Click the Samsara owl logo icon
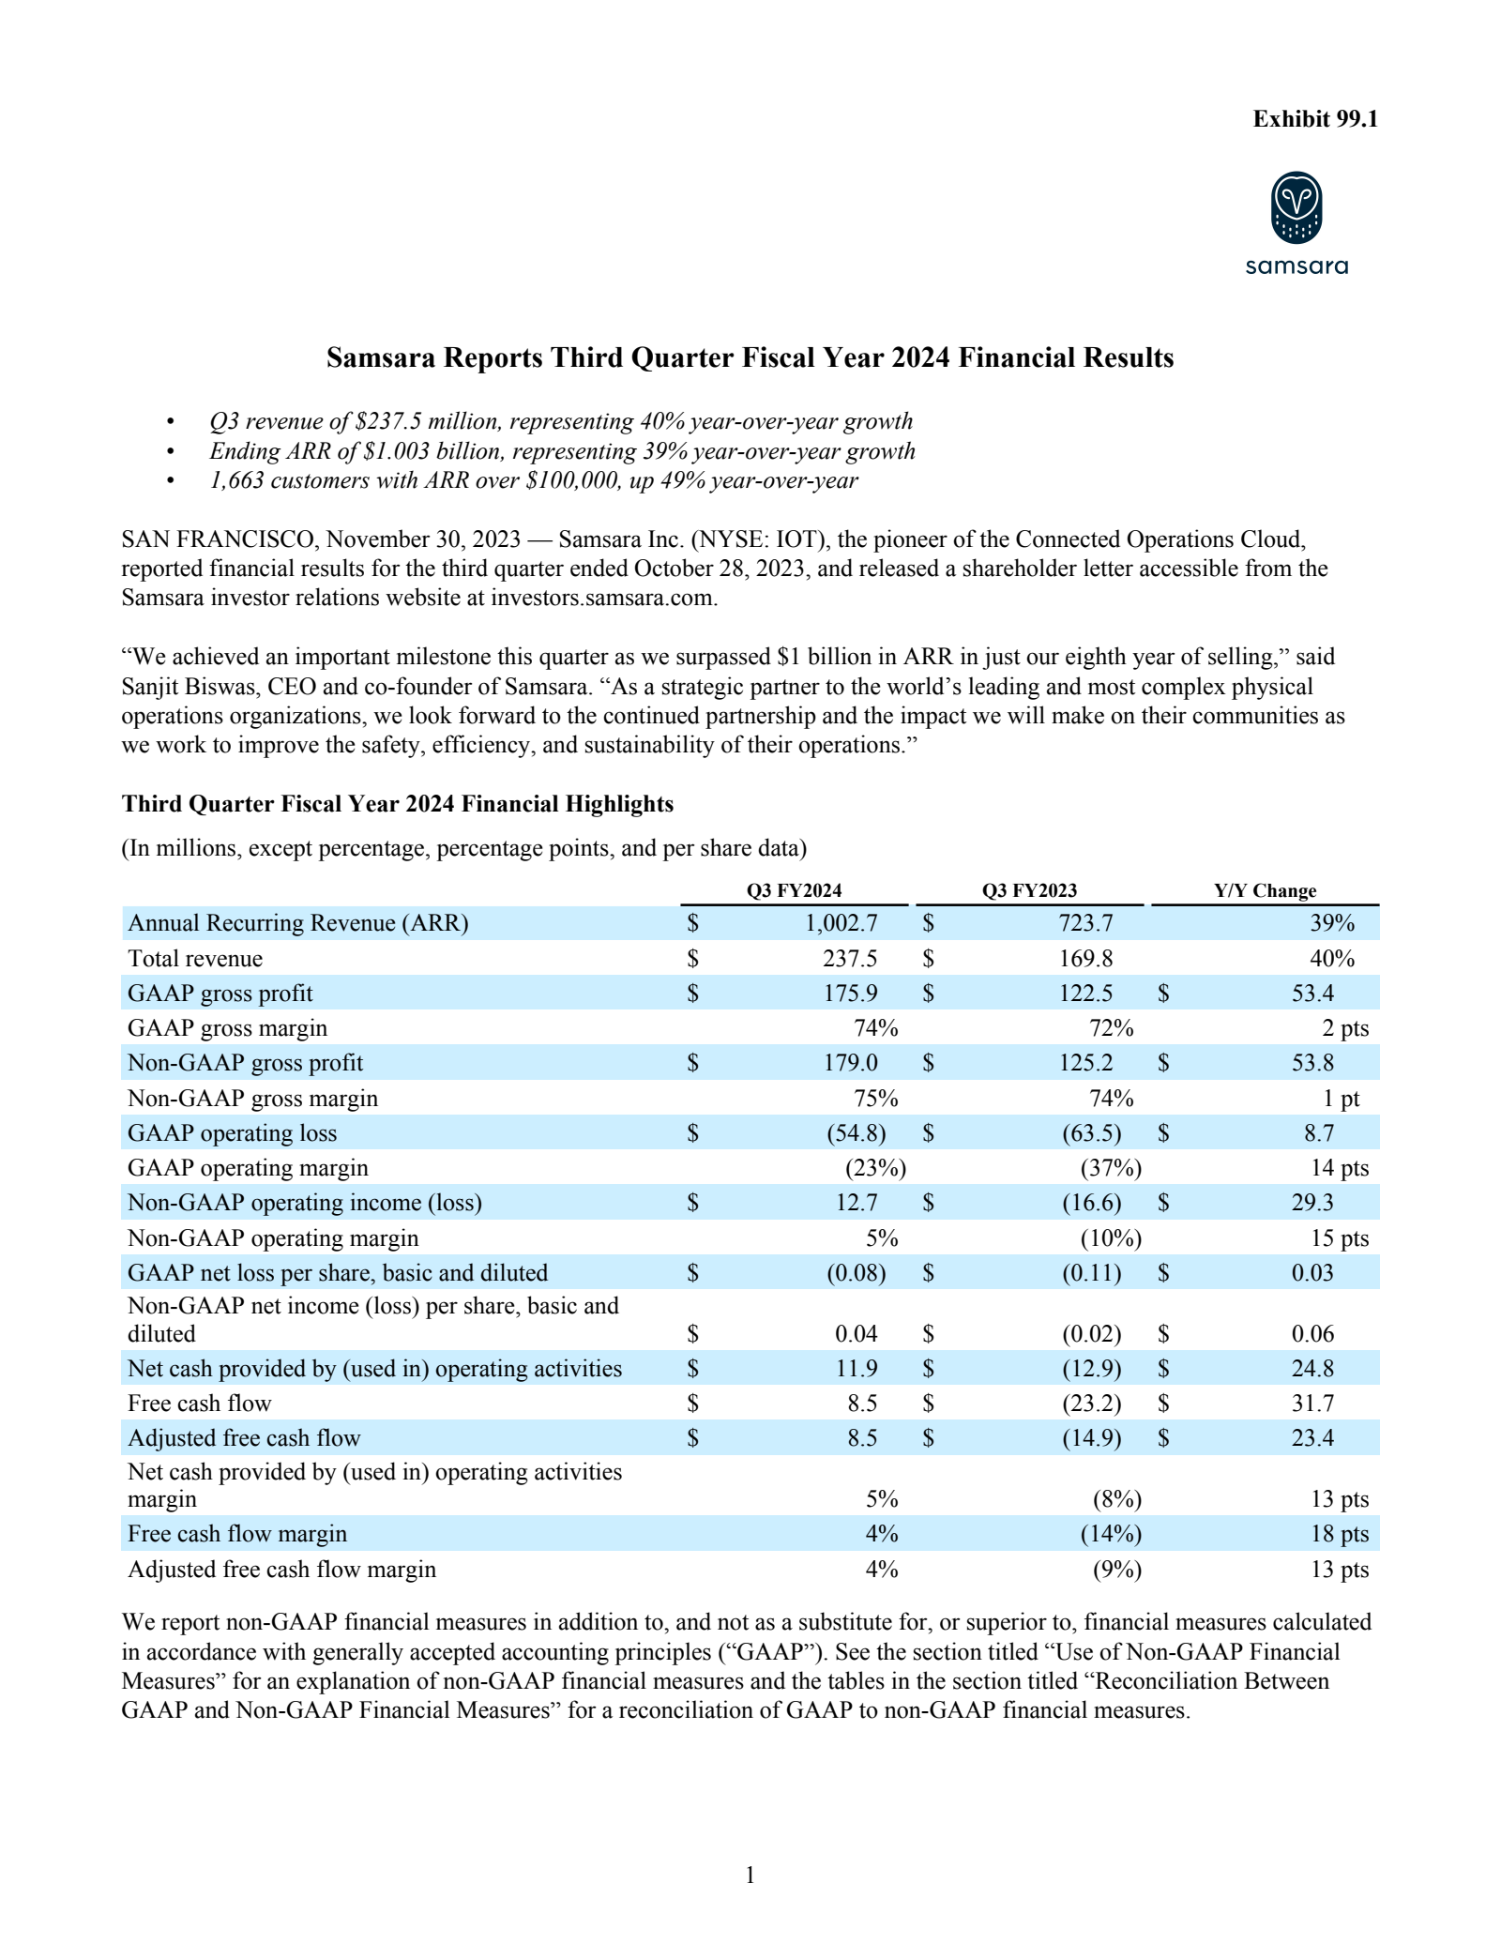pos(1296,207)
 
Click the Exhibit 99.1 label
pos(1315,119)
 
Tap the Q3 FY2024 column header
pos(794,890)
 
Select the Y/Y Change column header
pos(1265,890)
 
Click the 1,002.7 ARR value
pos(841,923)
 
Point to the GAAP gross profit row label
pos(220,994)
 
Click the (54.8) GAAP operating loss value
pos(856,1133)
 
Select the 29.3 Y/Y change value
pos(1312,1203)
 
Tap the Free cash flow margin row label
pos(237,1534)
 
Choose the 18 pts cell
pos(1340,1534)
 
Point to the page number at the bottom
pos(750,1875)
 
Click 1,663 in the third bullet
pos(235,481)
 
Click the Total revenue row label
pos(195,959)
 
